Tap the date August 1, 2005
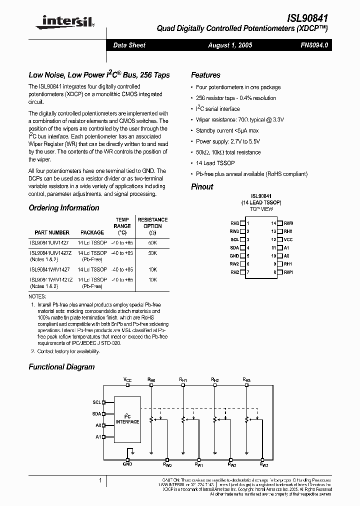coord(230,45)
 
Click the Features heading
coord(205,75)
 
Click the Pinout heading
coord(202,186)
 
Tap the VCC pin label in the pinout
coord(288,239)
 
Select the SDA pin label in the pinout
coord(234,247)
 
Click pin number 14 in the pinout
coord(273,223)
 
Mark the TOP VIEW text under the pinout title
coord(261,209)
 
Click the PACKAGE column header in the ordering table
coord(92,232)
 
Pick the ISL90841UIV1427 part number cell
coord(49,241)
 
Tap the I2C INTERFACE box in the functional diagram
coord(127,418)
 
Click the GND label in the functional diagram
coord(127,464)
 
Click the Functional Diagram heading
coord(61,366)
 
